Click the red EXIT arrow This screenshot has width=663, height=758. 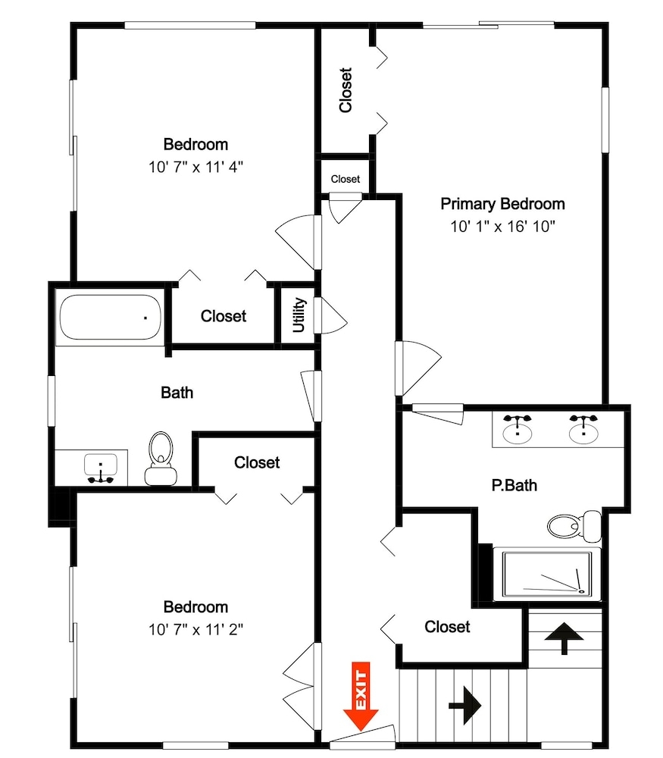pyautogui.click(x=361, y=696)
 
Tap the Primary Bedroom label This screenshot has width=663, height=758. pyautogui.click(x=502, y=204)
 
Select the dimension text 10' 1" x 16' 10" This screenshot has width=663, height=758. pyautogui.click(x=502, y=226)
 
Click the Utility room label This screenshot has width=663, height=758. pyautogui.click(x=299, y=315)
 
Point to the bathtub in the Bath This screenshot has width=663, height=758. pyautogui.click(x=110, y=317)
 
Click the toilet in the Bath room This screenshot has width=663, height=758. pyautogui.click(x=161, y=459)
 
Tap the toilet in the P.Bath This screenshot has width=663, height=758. pyautogui.click(x=574, y=525)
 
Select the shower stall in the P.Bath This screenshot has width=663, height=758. pyautogui.click(x=547, y=575)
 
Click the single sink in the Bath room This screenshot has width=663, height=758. pyautogui.click(x=101, y=468)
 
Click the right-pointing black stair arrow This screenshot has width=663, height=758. pyautogui.click(x=465, y=705)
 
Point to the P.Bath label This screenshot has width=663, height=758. pyautogui.click(x=514, y=485)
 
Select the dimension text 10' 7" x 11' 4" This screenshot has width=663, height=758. pyautogui.click(x=195, y=168)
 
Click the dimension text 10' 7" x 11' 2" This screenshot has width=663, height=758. pyautogui.click(x=195, y=629)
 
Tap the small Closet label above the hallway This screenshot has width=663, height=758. pyautogui.click(x=345, y=179)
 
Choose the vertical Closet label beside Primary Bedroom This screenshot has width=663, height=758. pyautogui.click(x=346, y=90)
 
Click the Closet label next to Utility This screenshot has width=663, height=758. pyautogui.click(x=224, y=316)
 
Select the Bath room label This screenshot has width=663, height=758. pyautogui.click(x=177, y=393)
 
